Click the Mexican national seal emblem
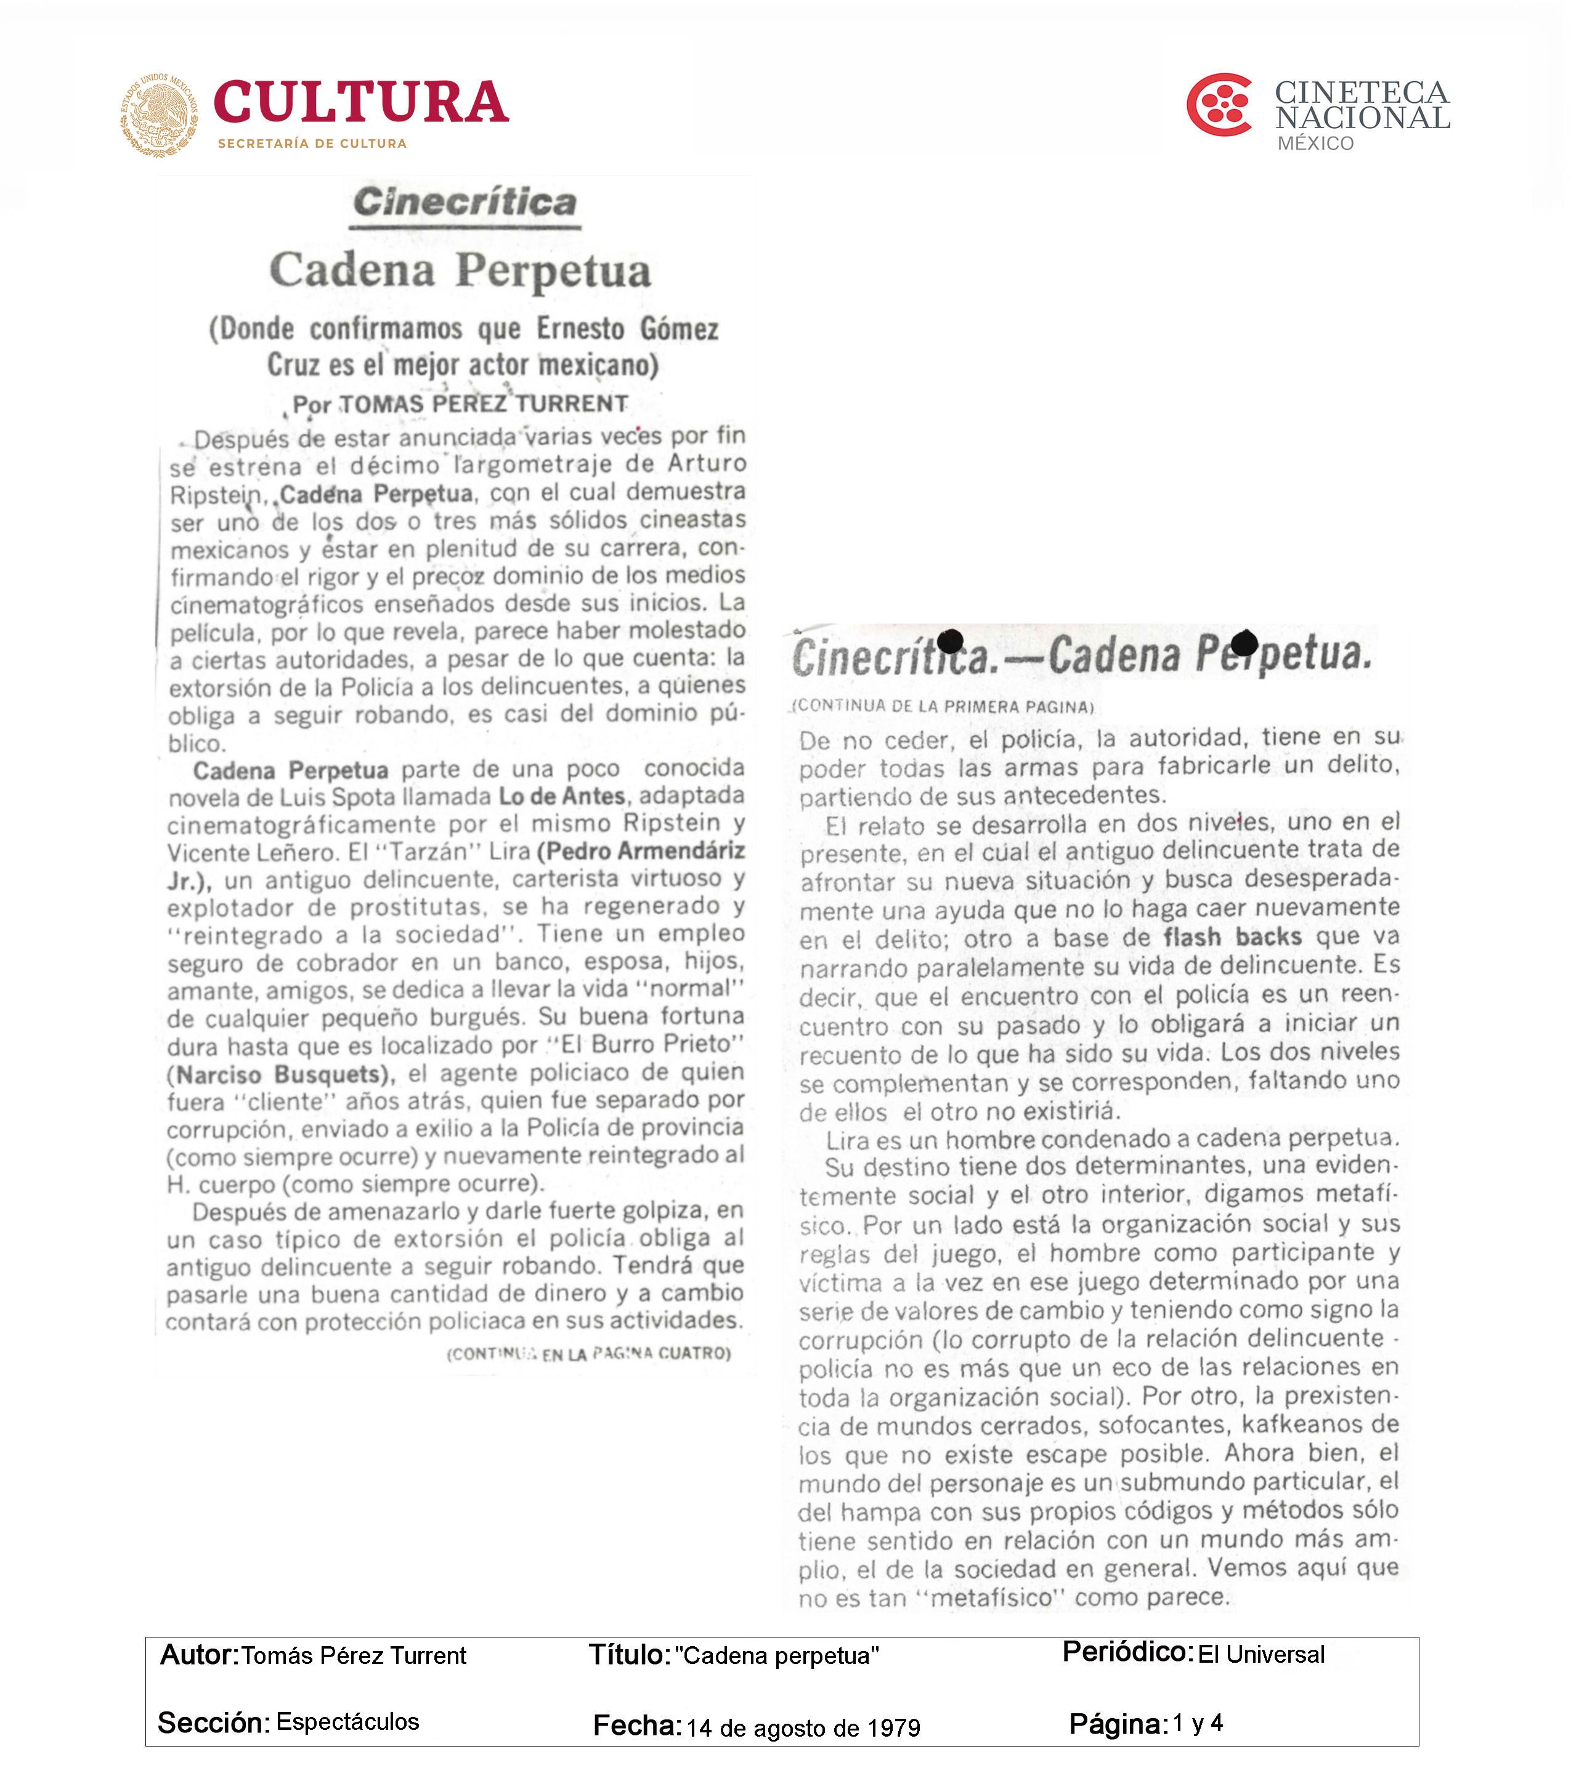[159, 115]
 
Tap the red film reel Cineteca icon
[1219, 105]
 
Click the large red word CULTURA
[361, 103]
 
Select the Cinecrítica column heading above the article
[465, 202]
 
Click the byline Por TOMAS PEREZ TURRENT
[460, 404]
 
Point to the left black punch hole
[950, 641]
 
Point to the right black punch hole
[1244, 643]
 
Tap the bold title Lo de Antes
[562, 796]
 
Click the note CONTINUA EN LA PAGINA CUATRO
[588, 1353]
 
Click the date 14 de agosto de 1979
[803, 1728]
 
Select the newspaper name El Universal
[1261, 1655]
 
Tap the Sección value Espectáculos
[347, 1722]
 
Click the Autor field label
[198, 1655]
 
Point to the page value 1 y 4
[1198, 1724]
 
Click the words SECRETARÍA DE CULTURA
[312, 144]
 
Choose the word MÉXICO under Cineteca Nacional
[1315, 144]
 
